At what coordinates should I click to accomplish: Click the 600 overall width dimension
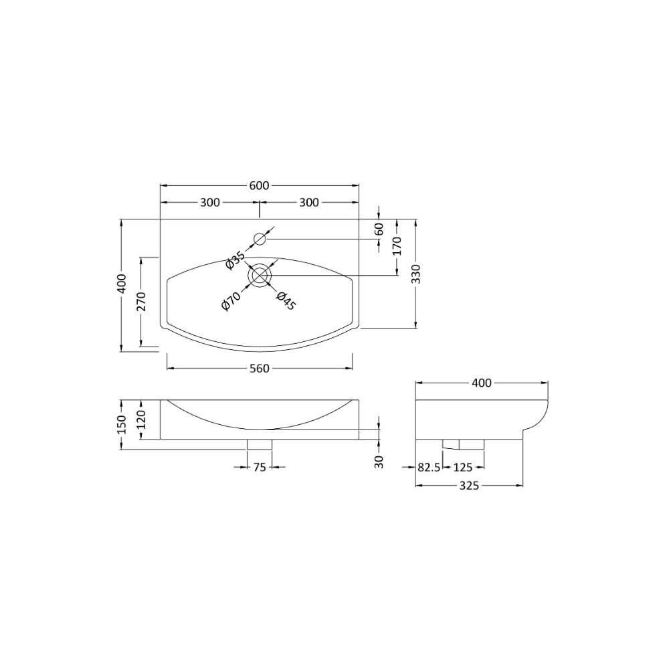point(259,185)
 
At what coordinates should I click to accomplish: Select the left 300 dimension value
point(210,202)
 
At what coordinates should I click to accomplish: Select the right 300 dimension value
point(309,202)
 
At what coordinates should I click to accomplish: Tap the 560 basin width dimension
point(260,368)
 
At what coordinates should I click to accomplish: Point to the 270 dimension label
point(141,301)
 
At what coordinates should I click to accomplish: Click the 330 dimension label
point(416,274)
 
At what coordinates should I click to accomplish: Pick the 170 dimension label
point(397,246)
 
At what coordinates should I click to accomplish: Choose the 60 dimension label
point(379,229)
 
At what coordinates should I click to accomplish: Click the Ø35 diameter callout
point(235,260)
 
